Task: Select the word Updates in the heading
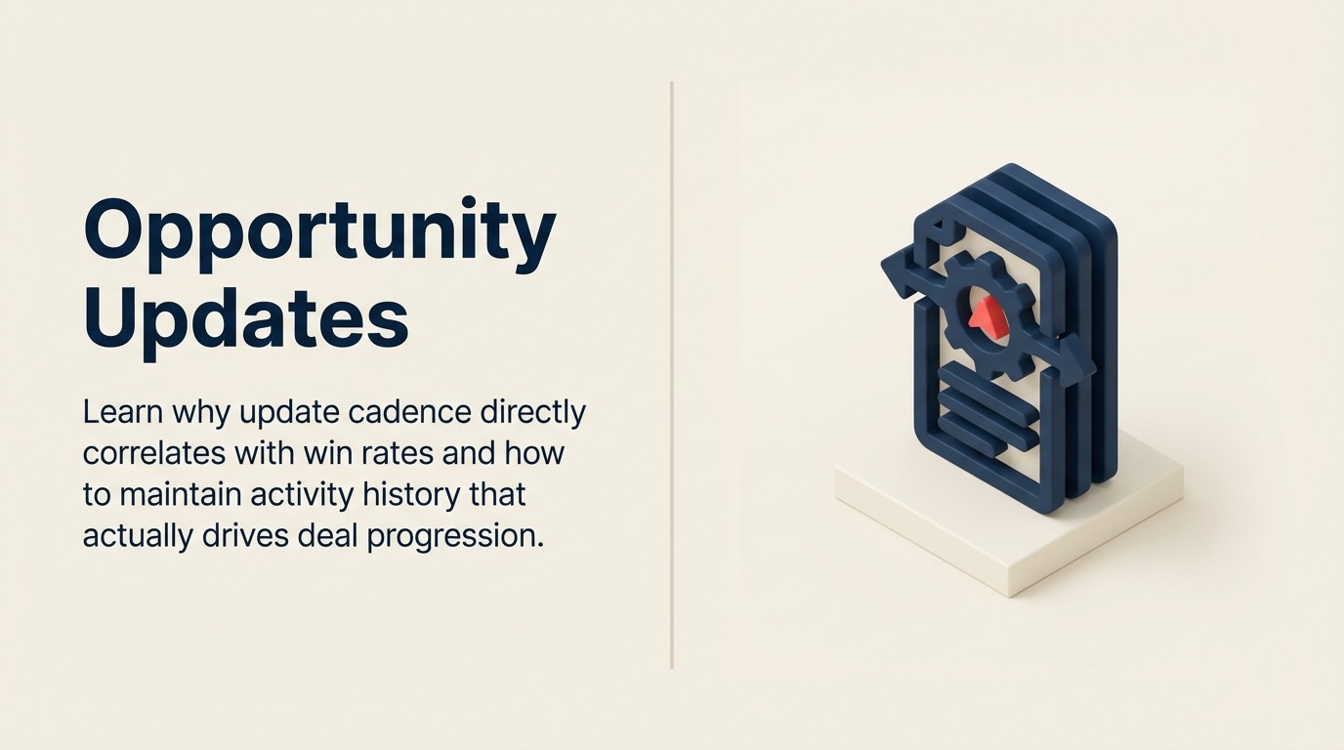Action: [246, 317]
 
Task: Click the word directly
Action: [532, 413]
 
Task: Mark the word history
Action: [415, 495]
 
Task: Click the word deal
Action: [328, 536]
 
